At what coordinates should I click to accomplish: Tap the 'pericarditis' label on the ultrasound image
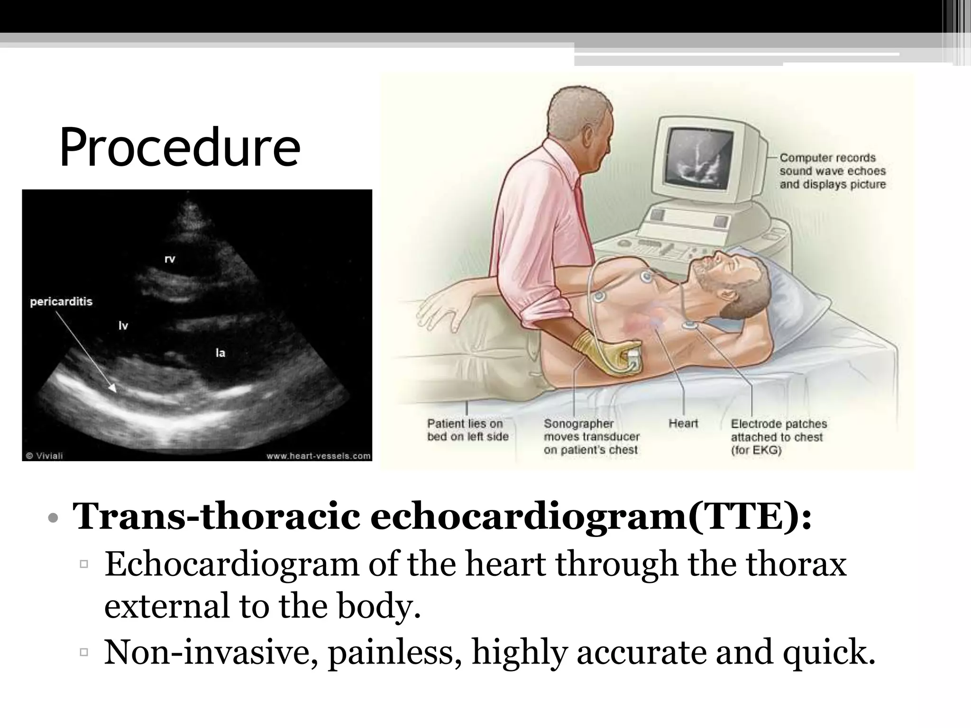tap(61, 302)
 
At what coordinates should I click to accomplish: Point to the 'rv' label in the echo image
tap(170, 259)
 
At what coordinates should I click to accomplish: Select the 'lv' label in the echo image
tap(123, 326)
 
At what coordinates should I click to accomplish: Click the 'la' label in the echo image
tap(220, 353)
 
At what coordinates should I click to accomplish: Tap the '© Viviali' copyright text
tap(44, 456)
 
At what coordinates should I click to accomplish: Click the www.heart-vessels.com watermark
tap(318, 456)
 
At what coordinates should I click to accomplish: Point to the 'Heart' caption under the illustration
tap(683, 423)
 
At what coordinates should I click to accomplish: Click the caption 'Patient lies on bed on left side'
tap(467, 430)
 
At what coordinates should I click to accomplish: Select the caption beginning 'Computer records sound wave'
tap(833, 171)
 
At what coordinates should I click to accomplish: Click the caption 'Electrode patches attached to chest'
tap(778, 437)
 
